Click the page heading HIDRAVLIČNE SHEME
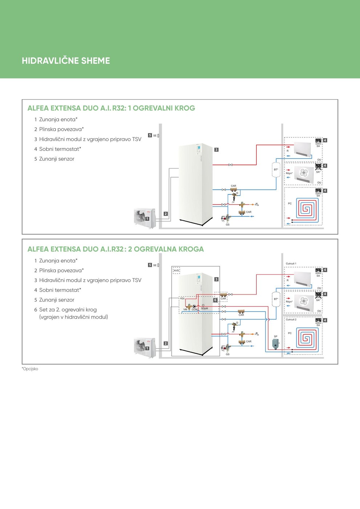point(66,61)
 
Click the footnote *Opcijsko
point(30,369)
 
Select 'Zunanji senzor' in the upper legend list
point(56,159)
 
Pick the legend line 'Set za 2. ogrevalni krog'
point(68,310)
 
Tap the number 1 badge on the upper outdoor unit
point(147,219)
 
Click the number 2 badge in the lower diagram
point(166,343)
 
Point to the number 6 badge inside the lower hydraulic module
point(215,300)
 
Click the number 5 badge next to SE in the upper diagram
point(150,135)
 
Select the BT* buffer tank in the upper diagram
point(276,170)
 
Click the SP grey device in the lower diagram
point(276,343)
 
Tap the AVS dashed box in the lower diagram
point(176,270)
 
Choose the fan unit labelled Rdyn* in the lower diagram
point(303,301)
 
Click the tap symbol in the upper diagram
point(257,204)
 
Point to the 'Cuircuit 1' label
point(291,264)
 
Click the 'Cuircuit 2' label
point(291,320)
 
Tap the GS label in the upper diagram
point(228,225)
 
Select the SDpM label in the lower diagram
point(204,308)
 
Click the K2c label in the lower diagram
point(183,298)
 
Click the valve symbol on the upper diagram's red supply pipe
point(231,165)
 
